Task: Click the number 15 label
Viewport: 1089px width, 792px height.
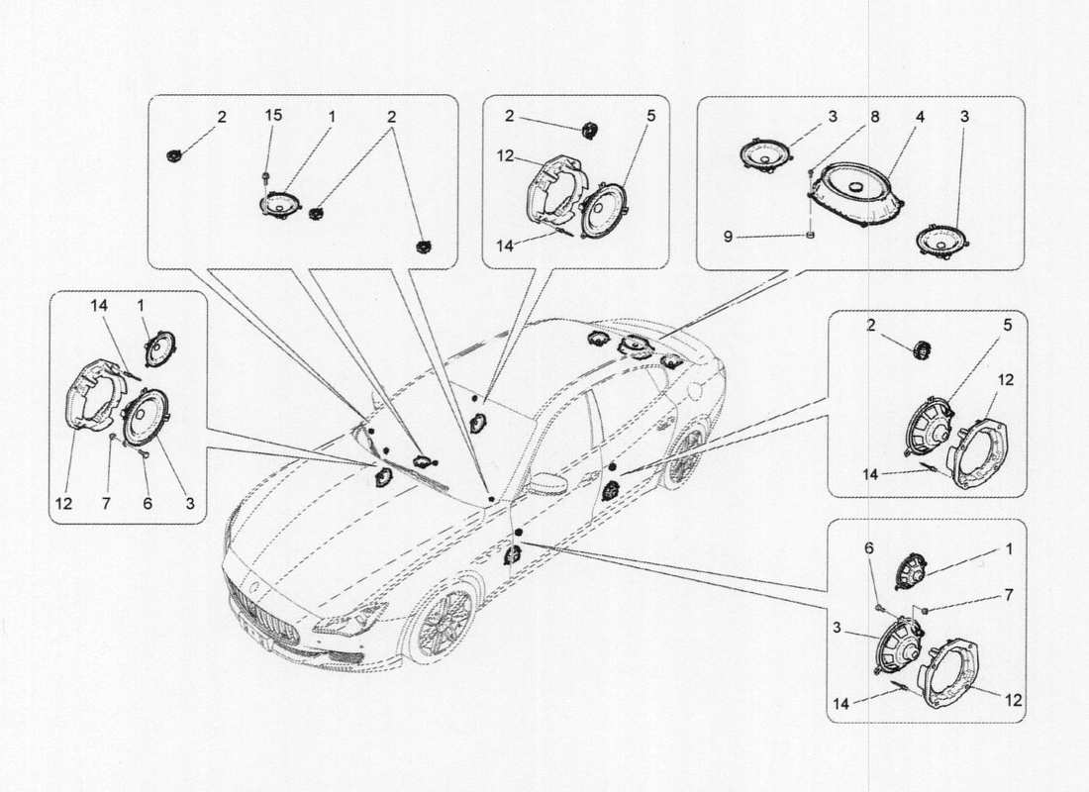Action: (273, 115)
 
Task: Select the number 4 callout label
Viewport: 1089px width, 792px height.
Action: (920, 117)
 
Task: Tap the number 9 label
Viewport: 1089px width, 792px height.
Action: (728, 237)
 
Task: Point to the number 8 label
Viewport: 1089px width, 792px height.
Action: (875, 117)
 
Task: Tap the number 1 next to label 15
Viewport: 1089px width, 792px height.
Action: (332, 117)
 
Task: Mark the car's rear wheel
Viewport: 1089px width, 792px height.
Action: (685, 456)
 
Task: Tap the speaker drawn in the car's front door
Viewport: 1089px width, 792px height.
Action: (514, 555)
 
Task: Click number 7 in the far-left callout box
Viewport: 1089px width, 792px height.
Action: (106, 504)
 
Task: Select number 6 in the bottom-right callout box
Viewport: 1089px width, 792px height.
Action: (868, 548)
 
